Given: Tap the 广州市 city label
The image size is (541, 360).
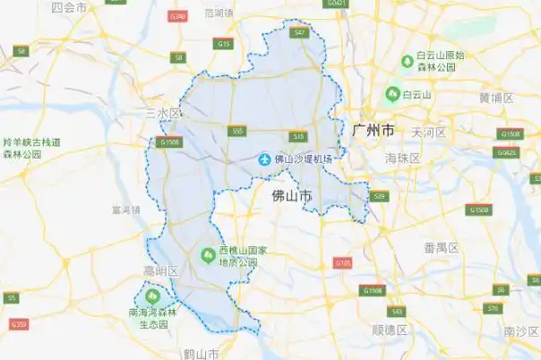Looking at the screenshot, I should [374, 131].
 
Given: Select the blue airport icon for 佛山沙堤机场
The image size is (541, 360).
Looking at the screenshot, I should [264, 159].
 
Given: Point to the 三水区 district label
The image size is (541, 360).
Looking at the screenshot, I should [163, 114].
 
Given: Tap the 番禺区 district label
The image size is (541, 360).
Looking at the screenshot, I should [442, 247].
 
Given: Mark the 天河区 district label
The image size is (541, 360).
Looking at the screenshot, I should [429, 133].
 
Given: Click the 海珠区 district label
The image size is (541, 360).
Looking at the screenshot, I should [402, 158].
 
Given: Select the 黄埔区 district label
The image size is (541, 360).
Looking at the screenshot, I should [495, 98].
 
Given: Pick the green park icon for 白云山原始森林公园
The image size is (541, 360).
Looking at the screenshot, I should [407, 60].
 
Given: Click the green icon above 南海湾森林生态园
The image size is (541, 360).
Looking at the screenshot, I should [151, 295].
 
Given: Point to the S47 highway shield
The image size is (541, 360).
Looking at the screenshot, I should [300, 32].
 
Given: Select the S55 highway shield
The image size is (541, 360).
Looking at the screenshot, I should [237, 131].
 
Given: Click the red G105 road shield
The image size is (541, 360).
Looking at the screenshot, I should [342, 263].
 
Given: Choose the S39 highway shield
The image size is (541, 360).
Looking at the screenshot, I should [379, 195].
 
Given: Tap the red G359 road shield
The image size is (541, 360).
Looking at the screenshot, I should [20, 323].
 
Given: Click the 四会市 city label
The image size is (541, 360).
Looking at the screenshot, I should [69, 7].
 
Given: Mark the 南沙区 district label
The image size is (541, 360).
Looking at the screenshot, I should [520, 331].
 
